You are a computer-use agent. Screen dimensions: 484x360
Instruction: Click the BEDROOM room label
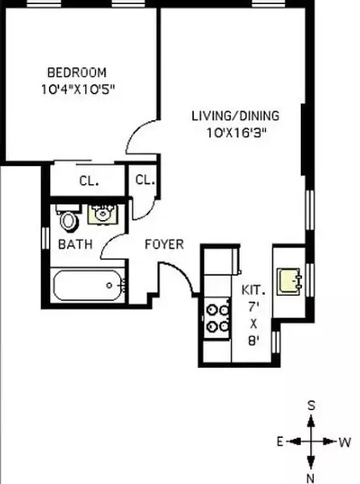pyautogui.click(x=76, y=72)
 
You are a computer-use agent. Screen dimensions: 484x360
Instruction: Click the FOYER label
pyautogui.click(x=164, y=244)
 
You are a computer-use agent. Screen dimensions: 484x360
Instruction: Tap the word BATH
pyautogui.click(x=74, y=244)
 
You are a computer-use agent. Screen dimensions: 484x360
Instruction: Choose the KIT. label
pyautogui.click(x=253, y=290)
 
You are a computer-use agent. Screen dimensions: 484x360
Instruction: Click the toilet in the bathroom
pyautogui.click(x=68, y=219)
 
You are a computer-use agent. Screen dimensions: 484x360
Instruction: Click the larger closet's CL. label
pyautogui.click(x=89, y=181)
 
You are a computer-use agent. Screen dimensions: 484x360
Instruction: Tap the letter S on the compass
pyautogui.click(x=311, y=406)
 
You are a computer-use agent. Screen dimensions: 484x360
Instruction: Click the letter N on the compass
pyautogui.click(x=311, y=478)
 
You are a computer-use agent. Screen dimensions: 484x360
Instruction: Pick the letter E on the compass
pyautogui.click(x=278, y=442)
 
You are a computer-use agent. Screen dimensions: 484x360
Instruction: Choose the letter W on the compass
pyautogui.click(x=344, y=442)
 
